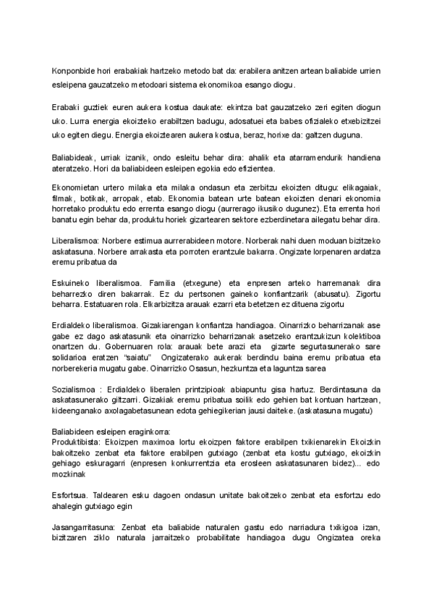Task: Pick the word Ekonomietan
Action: (76, 187)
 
